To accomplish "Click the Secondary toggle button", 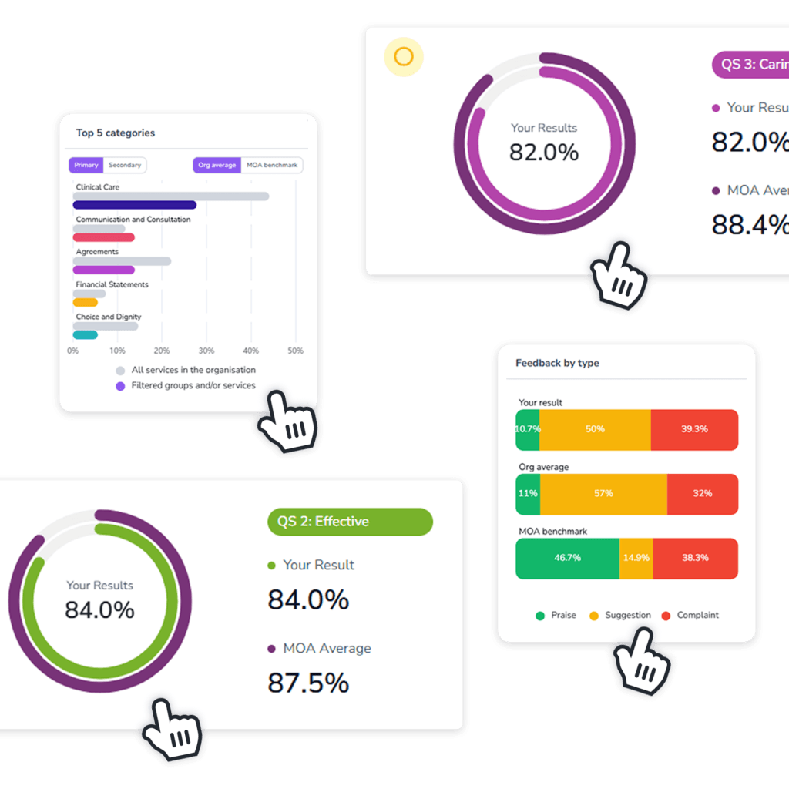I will [125, 165].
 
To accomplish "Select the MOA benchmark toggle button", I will [272, 165].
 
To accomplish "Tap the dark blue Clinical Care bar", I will [134, 205].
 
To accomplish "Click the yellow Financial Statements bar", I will [85, 302].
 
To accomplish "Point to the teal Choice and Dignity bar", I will [85, 334].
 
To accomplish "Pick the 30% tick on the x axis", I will [206, 351].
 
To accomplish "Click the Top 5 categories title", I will [116, 133].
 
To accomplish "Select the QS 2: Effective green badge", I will [350, 522].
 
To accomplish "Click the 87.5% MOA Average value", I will [308, 683].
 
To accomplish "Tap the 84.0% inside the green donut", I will [99, 610].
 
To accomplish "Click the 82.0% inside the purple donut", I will [544, 153].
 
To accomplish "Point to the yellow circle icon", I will [404, 57].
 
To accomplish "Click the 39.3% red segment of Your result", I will [694, 429].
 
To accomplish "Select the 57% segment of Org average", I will [603, 493].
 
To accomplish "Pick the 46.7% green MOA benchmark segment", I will [567, 558].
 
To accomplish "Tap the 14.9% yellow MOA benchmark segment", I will [636, 558].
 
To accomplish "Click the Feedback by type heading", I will [557, 363].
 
